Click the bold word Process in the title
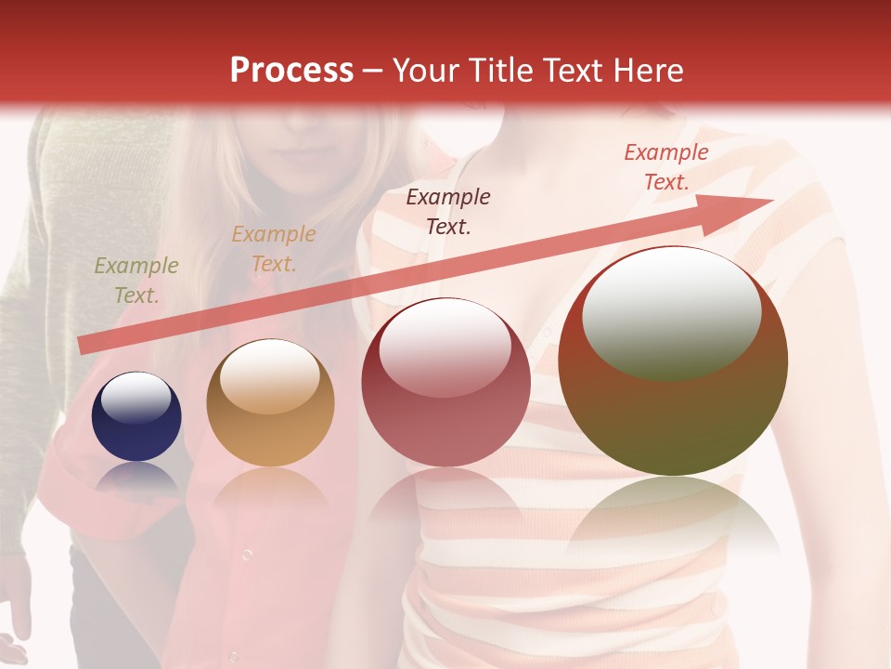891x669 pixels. coord(291,71)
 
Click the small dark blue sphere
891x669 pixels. coord(136,416)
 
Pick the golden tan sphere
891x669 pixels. coord(270,402)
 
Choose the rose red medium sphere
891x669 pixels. coord(445,382)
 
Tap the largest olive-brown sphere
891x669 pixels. coord(673,361)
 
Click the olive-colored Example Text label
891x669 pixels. coord(136,281)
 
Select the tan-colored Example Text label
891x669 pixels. coord(274,249)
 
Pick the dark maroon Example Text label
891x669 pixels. coord(448,211)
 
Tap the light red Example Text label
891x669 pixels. coord(666,167)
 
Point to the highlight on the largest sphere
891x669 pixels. coord(671,312)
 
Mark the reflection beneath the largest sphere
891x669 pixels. coord(673,516)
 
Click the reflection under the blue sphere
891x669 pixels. coord(136,478)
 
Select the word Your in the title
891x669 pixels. coord(427,71)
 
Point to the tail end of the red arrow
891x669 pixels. coord(82,346)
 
